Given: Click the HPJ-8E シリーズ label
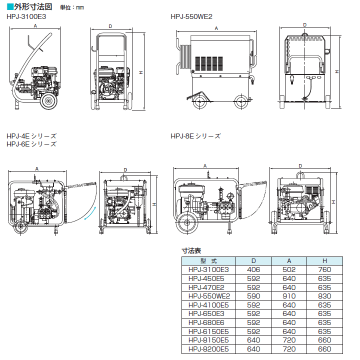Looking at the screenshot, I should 195,136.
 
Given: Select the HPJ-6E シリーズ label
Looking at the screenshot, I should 31,144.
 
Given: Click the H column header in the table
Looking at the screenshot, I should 324,260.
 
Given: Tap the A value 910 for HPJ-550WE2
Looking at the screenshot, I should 288,296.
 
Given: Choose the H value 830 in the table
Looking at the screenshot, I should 324,296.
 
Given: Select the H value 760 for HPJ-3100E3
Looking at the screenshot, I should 324,269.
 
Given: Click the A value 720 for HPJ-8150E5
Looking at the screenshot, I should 288,340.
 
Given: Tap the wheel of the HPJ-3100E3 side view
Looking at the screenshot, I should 48,102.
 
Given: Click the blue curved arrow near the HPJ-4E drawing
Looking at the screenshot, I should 89,213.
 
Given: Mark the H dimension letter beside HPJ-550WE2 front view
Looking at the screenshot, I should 338,71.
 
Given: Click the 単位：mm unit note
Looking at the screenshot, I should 72,7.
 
